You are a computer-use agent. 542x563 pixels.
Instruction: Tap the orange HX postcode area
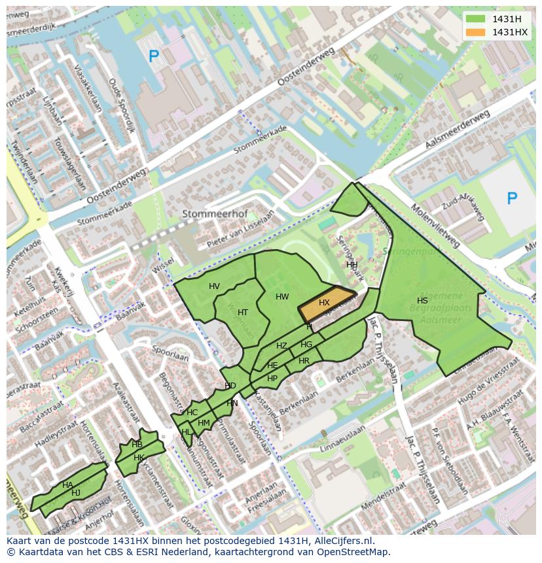[x=325, y=303]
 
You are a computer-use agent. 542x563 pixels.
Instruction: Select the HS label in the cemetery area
[x=422, y=301]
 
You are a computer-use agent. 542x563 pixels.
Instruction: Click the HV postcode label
[x=214, y=286]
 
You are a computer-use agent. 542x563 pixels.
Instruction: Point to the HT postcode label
[x=243, y=313]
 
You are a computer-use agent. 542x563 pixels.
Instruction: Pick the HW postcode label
[x=282, y=297]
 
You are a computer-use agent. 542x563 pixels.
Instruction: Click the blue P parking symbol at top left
[x=154, y=57]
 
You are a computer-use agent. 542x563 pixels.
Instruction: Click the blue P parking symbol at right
[x=512, y=198]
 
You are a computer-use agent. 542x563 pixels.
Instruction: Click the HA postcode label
[x=67, y=485]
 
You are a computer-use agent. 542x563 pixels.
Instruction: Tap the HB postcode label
[x=137, y=445]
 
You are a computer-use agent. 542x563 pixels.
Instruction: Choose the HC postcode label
[x=192, y=413]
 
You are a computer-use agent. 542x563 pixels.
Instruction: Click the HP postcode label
[x=272, y=379]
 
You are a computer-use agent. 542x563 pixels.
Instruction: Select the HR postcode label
[x=304, y=361]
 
